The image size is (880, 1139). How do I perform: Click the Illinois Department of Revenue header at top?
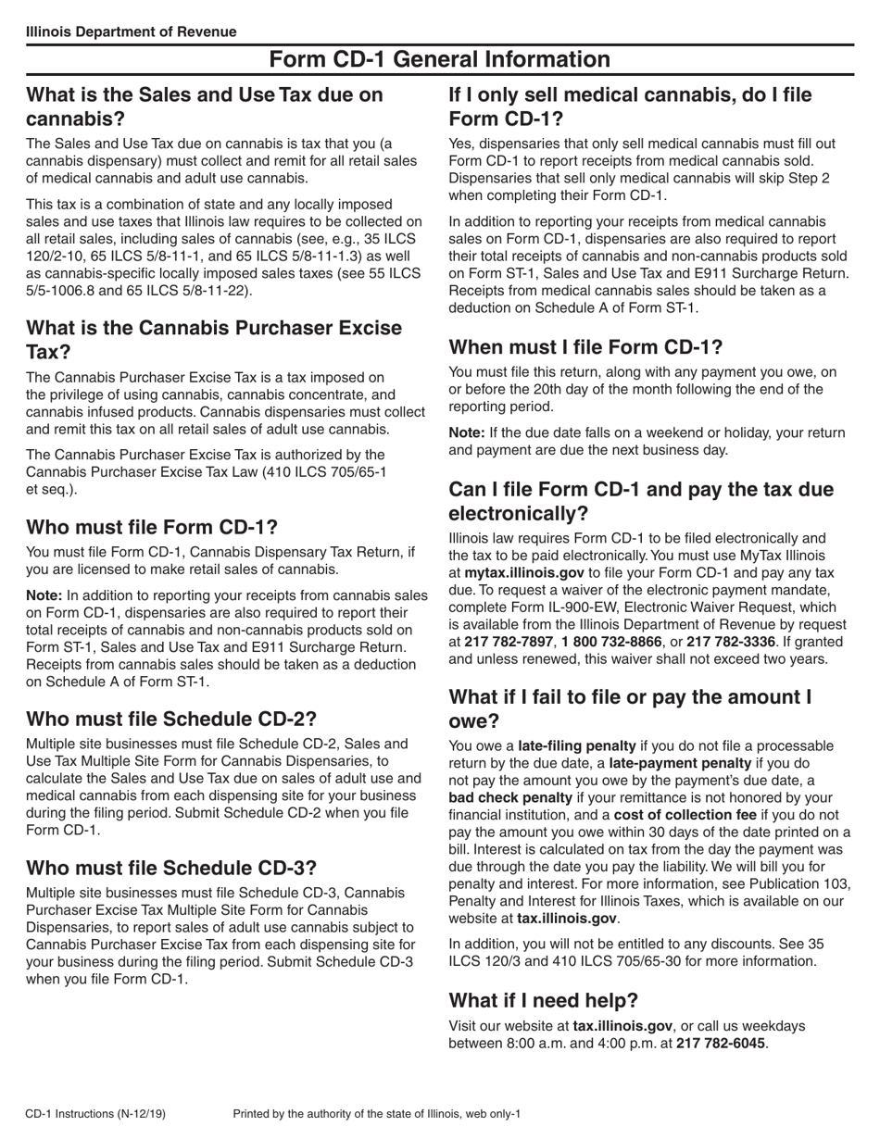pyautogui.click(x=131, y=31)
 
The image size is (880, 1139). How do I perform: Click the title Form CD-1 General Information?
pyautogui.click(x=439, y=60)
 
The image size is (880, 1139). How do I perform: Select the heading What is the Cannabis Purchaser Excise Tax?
pyautogui.click(x=214, y=340)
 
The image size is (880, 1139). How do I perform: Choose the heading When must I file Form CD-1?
pyautogui.click(x=585, y=347)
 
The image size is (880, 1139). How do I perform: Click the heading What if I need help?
pyautogui.click(x=543, y=1000)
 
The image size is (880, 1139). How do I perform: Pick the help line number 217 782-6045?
pyautogui.click(x=720, y=1043)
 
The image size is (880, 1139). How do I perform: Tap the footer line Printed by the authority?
pyautogui.click(x=377, y=1113)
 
